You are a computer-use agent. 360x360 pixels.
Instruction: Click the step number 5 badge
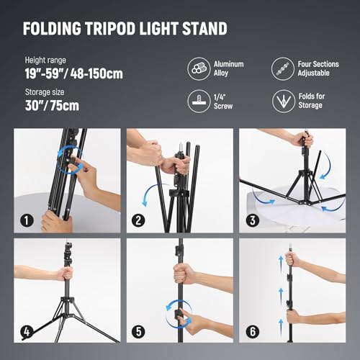(x=139, y=332)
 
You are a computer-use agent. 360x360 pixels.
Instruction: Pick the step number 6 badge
(x=251, y=332)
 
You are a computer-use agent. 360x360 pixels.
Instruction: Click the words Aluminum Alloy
(x=230, y=69)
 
